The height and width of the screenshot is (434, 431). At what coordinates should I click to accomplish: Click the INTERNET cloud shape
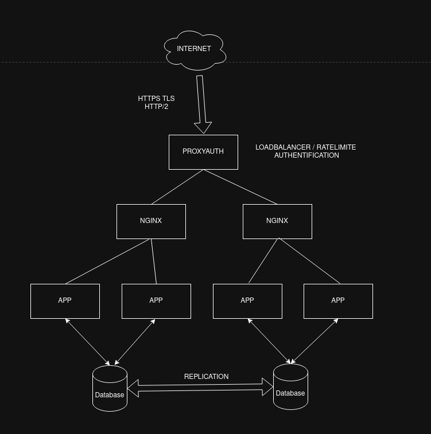(x=195, y=49)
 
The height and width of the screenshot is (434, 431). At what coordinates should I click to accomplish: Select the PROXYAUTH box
(x=203, y=152)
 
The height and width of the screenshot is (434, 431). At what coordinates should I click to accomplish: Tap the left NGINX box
(x=151, y=221)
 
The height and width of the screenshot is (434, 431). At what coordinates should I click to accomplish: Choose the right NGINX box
(x=277, y=221)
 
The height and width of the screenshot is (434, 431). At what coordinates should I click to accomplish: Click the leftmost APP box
(x=65, y=301)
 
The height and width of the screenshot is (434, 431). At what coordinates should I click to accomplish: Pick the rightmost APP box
(x=338, y=301)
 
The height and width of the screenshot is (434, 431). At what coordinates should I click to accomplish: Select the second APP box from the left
(x=156, y=301)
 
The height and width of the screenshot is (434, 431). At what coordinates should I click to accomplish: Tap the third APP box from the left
(x=247, y=301)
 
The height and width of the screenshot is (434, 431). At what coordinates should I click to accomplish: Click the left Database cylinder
(x=110, y=389)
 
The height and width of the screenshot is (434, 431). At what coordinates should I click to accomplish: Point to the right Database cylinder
(x=290, y=387)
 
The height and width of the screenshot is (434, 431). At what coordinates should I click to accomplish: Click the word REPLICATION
(x=206, y=377)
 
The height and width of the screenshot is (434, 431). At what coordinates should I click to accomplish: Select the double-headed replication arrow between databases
(x=200, y=388)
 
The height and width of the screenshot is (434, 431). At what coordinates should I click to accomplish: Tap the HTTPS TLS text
(x=156, y=99)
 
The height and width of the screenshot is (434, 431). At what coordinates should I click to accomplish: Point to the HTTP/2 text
(x=156, y=107)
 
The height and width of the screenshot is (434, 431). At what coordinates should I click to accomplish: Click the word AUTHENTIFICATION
(x=306, y=155)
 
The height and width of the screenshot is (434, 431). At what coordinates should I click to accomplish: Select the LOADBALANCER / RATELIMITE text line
(x=305, y=147)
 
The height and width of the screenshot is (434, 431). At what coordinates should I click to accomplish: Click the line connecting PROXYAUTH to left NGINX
(x=177, y=187)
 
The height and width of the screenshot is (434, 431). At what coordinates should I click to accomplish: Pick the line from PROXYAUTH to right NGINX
(x=240, y=187)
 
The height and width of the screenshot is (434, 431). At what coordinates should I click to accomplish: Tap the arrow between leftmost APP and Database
(x=88, y=342)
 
